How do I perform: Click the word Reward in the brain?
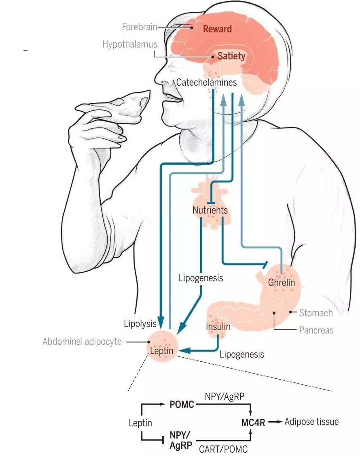217,29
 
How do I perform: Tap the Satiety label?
231,56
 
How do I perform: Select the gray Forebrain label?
140,27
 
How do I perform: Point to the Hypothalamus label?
129,44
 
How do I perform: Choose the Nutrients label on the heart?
210,210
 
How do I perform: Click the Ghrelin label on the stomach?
282,282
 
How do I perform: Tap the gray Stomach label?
316,313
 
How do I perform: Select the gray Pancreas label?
316,330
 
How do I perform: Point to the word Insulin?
218,327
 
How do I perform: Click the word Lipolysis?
140,324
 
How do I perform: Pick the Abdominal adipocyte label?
82,341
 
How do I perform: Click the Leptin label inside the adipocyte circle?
162,350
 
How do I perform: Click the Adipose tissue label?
311,422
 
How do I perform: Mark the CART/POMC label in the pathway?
223,449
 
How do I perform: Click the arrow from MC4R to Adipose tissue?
275,422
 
